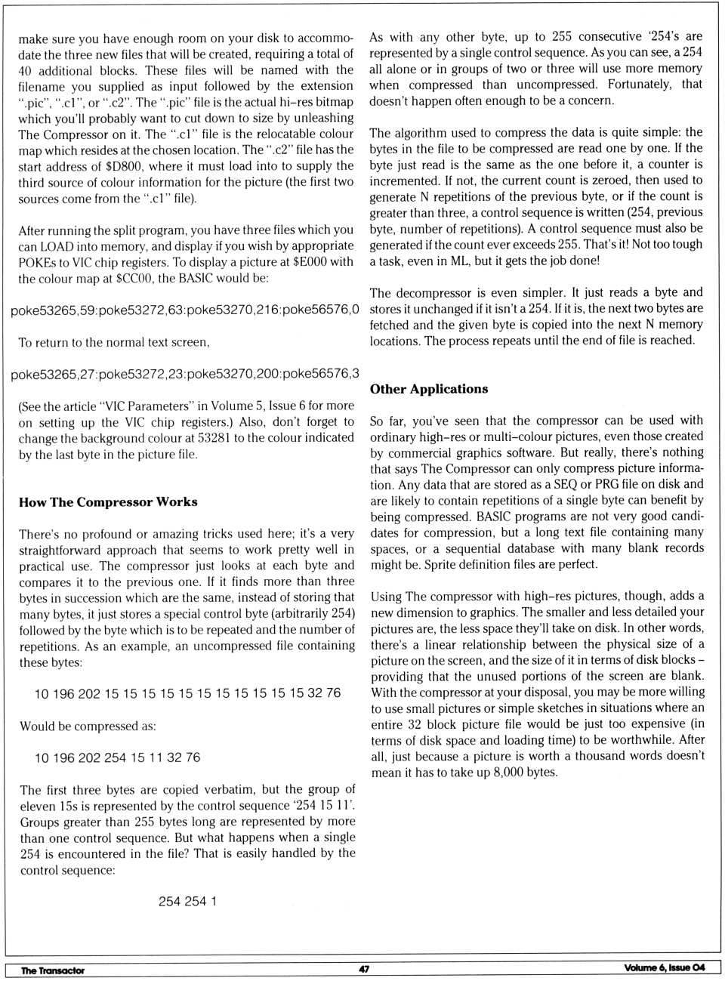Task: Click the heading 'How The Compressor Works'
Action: click(x=108, y=502)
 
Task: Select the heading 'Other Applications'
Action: click(x=428, y=389)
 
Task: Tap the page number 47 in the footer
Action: click(x=364, y=969)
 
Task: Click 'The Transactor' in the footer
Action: click(x=53, y=970)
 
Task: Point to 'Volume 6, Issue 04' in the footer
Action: click(x=664, y=968)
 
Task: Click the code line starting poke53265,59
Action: click(x=184, y=310)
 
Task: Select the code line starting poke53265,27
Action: click(x=184, y=374)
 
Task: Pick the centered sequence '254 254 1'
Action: click(x=187, y=901)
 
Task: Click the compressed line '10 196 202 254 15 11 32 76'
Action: click(x=117, y=757)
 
